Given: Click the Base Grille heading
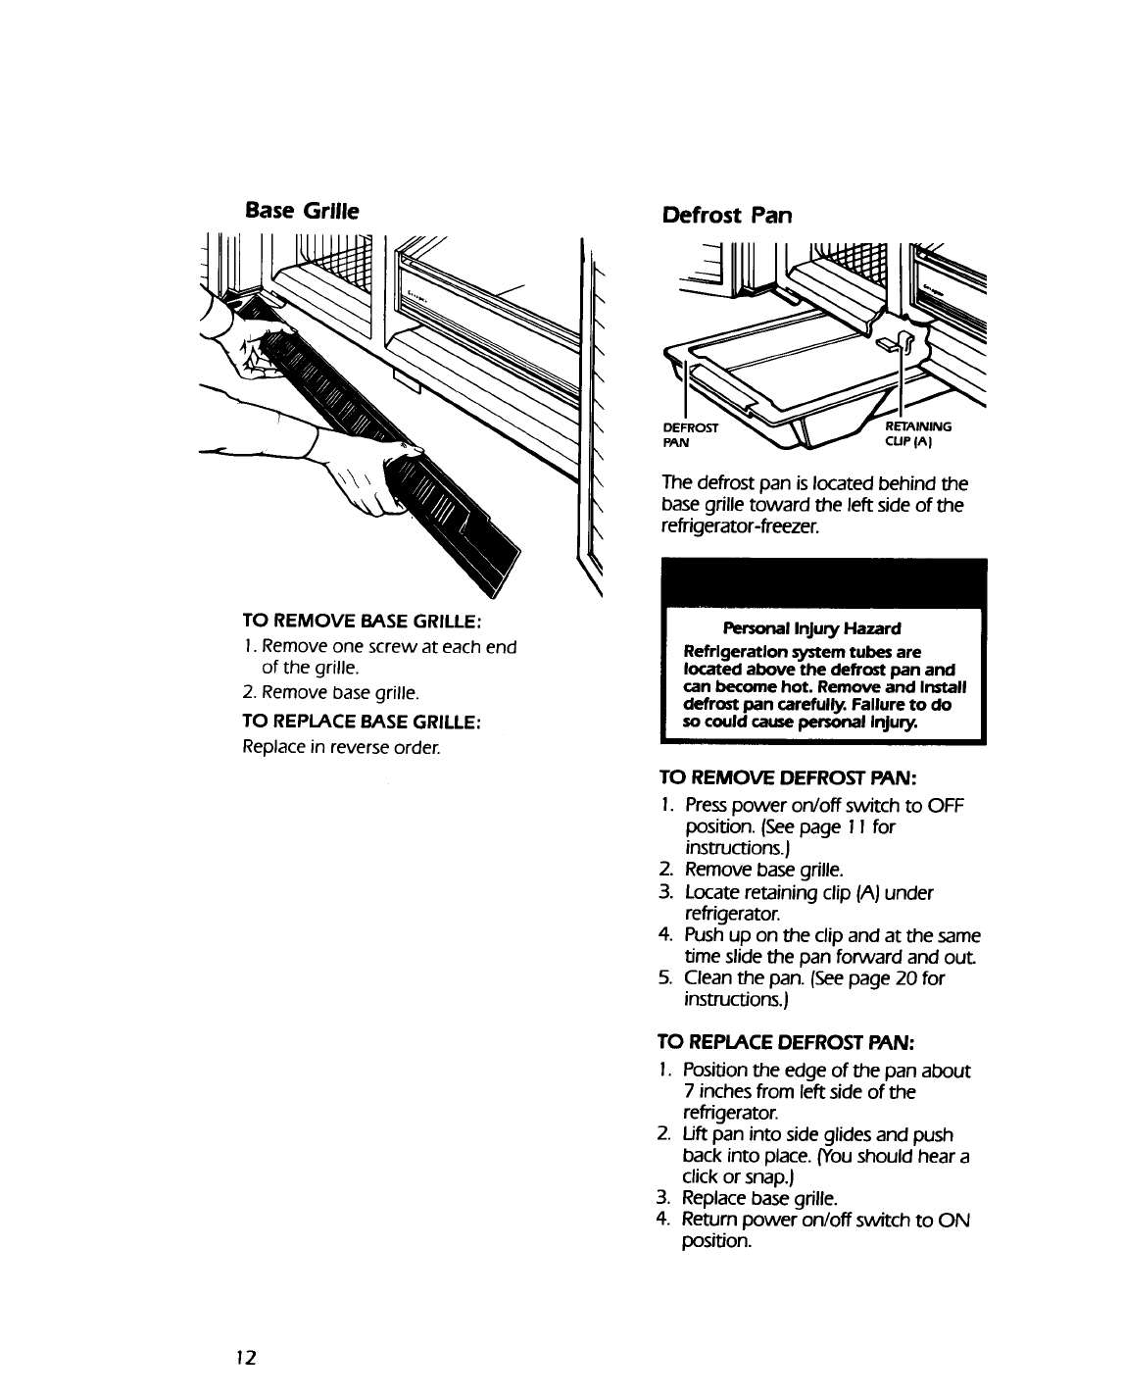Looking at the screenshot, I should (302, 210).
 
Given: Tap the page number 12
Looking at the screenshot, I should (245, 1357).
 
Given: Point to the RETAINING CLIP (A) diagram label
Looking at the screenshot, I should (918, 433).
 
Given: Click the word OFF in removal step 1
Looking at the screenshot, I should (947, 806).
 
